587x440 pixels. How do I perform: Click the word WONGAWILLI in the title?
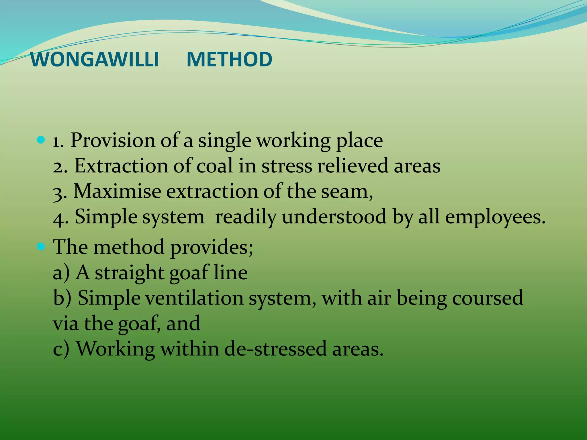click(x=95, y=60)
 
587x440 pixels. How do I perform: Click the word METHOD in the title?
click(x=229, y=60)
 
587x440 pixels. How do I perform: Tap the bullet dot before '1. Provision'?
click(x=41, y=140)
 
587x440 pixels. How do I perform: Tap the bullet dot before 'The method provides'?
click(x=41, y=246)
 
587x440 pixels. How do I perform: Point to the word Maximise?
click(x=117, y=191)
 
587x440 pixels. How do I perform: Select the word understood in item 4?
click(x=334, y=217)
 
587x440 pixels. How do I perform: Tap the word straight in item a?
click(x=129, y=273)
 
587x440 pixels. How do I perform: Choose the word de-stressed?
click(x=275, y=349)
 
